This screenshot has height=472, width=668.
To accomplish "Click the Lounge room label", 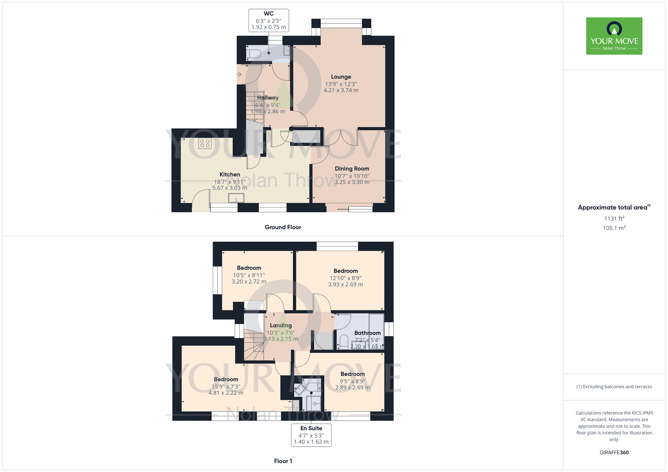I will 341,77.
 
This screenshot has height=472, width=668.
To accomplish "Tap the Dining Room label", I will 352,169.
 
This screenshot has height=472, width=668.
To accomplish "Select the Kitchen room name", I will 230,174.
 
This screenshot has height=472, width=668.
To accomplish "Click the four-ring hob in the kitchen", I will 205,144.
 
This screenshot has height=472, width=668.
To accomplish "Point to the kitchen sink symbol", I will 236,198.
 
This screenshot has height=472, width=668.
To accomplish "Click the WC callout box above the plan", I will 269,20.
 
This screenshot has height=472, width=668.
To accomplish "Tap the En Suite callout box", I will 311,435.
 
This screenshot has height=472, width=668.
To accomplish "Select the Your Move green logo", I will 614,36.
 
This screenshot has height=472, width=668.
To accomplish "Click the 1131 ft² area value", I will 614,218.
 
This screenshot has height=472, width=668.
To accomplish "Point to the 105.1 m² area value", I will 614,228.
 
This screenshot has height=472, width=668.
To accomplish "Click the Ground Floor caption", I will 283,227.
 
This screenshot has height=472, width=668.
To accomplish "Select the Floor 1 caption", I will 283,461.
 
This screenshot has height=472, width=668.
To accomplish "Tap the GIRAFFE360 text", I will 614,453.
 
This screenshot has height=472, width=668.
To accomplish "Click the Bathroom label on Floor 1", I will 367,333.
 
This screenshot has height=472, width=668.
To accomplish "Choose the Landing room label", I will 281,325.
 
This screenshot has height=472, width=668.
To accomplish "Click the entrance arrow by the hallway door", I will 239,74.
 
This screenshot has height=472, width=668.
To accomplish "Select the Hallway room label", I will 268,97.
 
